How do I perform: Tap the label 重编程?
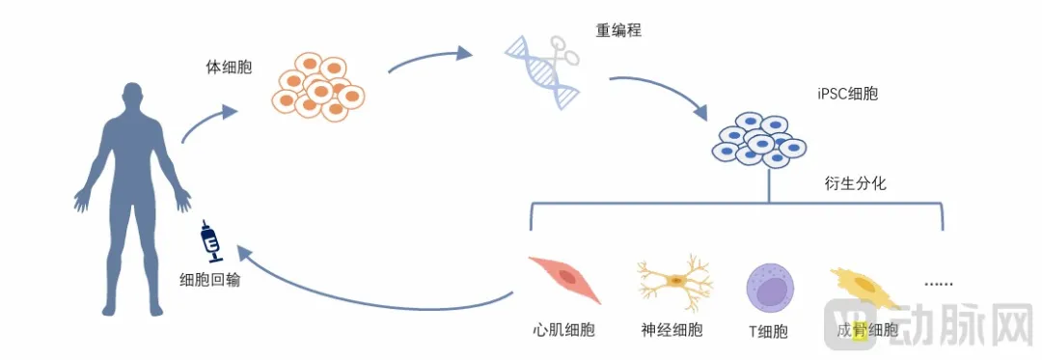click(x=618, y=30)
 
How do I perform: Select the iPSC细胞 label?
click(x=848, y=95)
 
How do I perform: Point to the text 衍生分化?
click(x=855, y=184)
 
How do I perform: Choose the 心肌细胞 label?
click(x=563, y=329)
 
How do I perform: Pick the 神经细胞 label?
click(x=672, y=329)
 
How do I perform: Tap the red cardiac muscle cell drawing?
click(x=564, y=278)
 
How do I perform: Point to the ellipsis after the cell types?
click(x=939, y=284)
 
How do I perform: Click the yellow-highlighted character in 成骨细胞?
click(x=860, y=329)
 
